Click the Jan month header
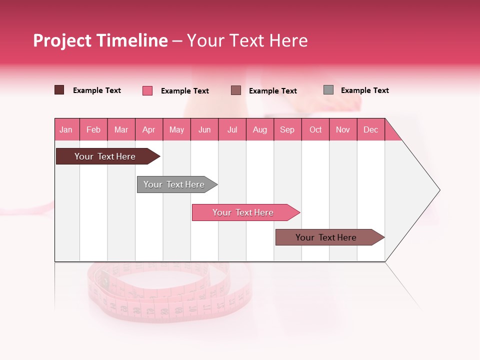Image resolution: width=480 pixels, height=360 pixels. point(66,129)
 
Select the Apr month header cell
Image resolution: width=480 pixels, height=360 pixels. point(149,129)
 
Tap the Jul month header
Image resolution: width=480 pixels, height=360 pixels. point(232,129)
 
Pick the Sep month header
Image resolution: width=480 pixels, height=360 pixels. point(287,129)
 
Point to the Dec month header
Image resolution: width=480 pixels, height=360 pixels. point(370,129)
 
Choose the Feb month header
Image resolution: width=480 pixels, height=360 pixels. point(93,129)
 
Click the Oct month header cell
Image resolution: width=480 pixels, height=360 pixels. point(315,129)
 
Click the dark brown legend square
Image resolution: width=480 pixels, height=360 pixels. point(59,90)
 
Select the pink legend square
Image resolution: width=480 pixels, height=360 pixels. point(147,90)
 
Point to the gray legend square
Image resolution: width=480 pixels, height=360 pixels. point(328,90)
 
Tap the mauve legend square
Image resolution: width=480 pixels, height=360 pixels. point(236,90)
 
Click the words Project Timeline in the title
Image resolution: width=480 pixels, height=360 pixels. point(100,40)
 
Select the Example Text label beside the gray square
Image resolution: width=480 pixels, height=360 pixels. point(364,90)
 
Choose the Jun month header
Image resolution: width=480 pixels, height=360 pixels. point(204,129)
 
